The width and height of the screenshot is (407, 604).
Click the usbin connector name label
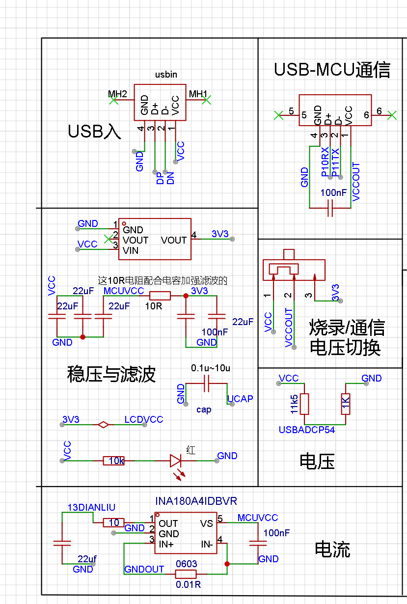click(166, 75)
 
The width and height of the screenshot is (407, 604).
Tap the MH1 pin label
click(198, 93)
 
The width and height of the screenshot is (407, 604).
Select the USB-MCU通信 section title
click(332, 70)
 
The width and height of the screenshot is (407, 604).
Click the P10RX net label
click(325, 162)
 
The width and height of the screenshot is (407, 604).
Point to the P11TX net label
click(336, 162)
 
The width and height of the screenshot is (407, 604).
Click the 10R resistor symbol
click(160, 296)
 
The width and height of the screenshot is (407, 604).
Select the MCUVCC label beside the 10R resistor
click(124, 291)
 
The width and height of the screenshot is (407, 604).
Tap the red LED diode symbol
click(176, 461)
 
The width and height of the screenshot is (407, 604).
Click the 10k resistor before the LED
click(114, 461)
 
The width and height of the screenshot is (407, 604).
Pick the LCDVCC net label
click(143, 420)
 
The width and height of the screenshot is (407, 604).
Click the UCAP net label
click(240, 399)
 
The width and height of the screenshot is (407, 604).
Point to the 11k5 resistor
click(304, 404)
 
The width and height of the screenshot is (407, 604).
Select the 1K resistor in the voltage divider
click(346, 404)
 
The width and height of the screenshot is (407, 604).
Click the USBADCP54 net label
click(306, 430)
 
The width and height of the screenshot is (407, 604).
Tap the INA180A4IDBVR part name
click(196, 501)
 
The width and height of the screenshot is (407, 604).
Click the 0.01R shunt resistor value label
click(188, 585)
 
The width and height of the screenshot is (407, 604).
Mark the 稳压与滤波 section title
click(111, 374)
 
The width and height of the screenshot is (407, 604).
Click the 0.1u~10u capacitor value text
click(211, 368)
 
